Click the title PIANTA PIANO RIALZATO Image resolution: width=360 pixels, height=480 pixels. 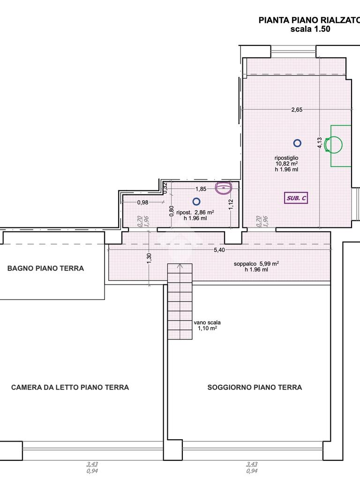click(x=309, y=20)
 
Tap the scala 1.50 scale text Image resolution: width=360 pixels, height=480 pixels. click(x=310, y=29)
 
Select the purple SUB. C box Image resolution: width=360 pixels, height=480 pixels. click(x=296, y=198)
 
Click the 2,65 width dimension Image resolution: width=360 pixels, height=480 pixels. click(x=297, y=110)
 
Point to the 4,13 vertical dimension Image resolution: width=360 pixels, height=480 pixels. click(x=319, y=143)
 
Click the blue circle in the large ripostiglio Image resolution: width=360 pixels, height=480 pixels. click(x=297, y=143)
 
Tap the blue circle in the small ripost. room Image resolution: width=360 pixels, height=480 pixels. click(x=196, y=202)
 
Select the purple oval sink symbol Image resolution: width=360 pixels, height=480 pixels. click(x=224, y=188)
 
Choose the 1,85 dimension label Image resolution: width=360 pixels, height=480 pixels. click(x=201, y=189)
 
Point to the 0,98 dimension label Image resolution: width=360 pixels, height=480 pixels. click(x=142, y=202)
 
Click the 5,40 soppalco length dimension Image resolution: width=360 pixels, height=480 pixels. click(x=219, y=250)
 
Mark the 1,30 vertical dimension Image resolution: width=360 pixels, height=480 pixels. click(x=149, y=258)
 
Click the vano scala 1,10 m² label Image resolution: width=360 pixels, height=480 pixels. click(x=207, y=325)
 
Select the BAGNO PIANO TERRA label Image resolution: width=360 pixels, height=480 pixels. click(x=45, y=269)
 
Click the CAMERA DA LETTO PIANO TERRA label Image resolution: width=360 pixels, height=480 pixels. click(x=70, y=387)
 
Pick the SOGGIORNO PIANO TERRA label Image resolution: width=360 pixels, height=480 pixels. click(x=255, y=387)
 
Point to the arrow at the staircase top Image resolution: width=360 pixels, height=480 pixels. click(x=180, y=266)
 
